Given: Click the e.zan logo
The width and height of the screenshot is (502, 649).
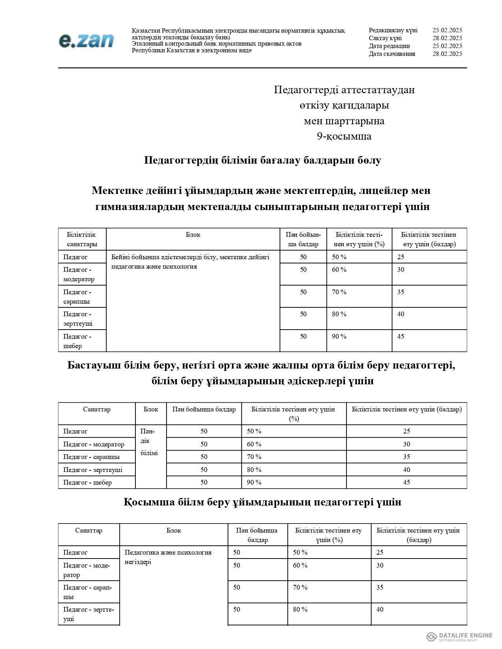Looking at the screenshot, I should point(86,41).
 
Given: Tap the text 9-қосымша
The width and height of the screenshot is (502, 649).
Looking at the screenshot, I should point(344,136).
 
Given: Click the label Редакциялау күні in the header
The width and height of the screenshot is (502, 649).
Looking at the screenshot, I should point(393,30).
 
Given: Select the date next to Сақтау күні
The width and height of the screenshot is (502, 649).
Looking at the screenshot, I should point(447,38).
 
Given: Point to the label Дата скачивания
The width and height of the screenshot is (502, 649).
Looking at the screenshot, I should point(392,54).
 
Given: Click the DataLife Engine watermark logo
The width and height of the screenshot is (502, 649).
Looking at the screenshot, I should point(459,636).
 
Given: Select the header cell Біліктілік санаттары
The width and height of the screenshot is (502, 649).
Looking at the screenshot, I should point(82,239).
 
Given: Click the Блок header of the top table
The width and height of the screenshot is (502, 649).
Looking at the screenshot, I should point(193,235).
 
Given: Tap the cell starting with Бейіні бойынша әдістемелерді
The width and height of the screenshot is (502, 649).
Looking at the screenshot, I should point(190,262).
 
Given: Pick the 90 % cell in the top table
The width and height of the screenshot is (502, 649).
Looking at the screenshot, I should point(339,336).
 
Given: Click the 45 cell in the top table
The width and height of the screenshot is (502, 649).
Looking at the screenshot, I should point(401,336).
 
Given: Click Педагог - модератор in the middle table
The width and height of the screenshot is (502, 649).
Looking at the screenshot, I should point(94,444).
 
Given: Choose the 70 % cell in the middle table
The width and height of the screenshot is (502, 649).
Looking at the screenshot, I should point(254,457).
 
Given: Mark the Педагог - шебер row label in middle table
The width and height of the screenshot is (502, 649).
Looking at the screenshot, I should point(87,482).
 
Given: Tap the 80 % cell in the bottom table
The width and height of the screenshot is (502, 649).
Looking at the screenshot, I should point(300,609).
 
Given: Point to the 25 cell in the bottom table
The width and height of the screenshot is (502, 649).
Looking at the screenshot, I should point(380,552).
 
